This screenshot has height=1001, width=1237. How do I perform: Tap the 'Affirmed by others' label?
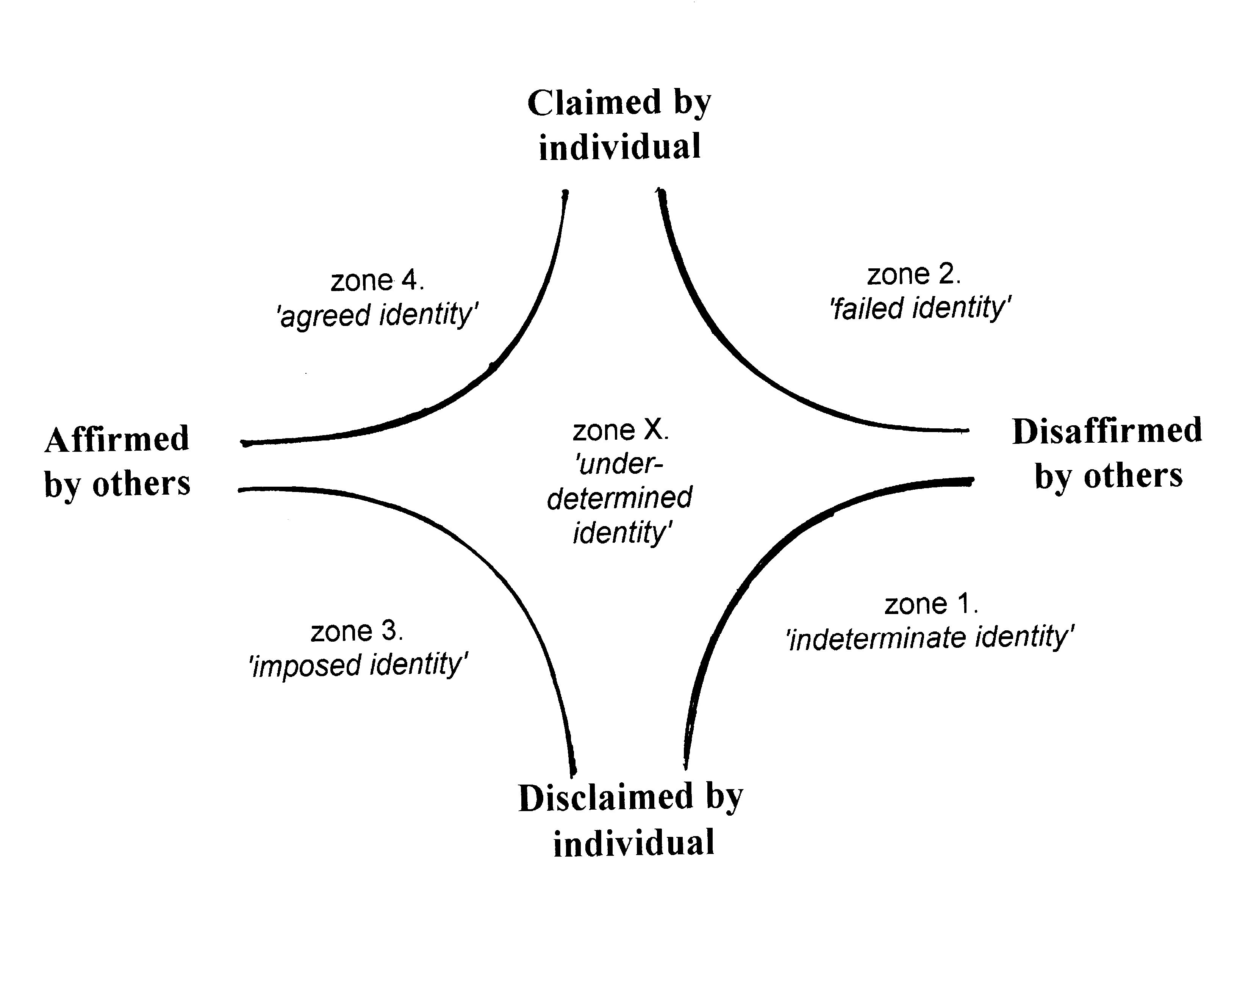click(x=117, y=461)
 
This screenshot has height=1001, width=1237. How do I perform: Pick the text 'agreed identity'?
click(x=378, y=315)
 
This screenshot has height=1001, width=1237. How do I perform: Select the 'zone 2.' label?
click(x=913, y=274)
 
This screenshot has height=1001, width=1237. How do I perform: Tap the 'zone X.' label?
click(x=620, y=430)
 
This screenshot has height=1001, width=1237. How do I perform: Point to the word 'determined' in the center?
click(x=620, y=498)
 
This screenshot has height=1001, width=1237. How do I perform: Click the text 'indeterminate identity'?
click(x=930, y=638)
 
